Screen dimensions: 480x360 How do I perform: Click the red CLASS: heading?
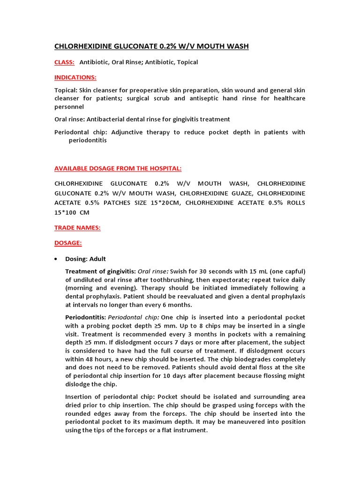coord(65,62)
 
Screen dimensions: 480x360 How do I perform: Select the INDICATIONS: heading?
coord(75,77)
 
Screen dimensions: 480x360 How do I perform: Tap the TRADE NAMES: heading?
coord(77,228)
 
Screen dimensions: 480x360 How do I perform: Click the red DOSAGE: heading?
coord(68,243)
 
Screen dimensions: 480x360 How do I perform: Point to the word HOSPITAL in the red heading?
coord(164,168)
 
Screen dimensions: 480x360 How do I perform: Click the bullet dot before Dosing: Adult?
coord(56,259)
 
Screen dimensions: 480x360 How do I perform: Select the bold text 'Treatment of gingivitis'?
coord(100,271)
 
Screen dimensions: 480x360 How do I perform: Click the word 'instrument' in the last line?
coord(188,430)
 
